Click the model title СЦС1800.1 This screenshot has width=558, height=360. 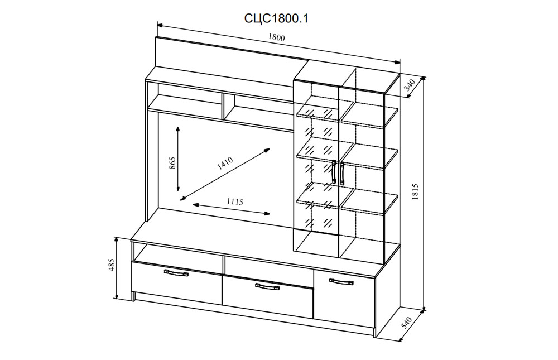pos(277,18)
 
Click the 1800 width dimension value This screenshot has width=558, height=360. pos(277,39)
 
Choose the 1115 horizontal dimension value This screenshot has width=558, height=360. pos(235,202)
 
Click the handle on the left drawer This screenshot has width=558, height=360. pos(177,273)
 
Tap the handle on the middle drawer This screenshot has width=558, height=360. pos(267,287)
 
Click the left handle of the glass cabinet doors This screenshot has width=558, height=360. pos(334,172)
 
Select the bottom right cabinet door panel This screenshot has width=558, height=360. pos(344,297)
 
